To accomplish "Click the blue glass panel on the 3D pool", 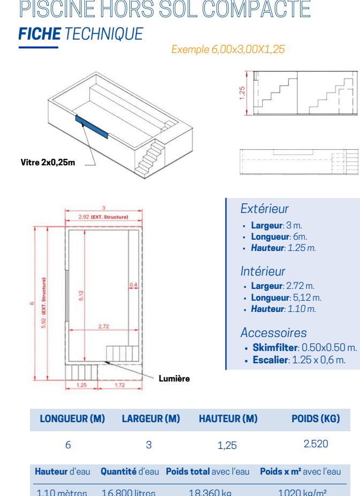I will click(x=91, y=127).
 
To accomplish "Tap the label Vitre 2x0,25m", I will click(x=48, y=163).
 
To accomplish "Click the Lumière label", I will click(x=174, y=378).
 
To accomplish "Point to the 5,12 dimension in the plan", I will click(x=81, y=295).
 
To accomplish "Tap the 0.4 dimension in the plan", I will click(x=133, y=285).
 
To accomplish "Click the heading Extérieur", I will click(x=264, y=209).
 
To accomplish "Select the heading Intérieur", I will click(x=263, y=271).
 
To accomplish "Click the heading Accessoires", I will click(x=273, y=333).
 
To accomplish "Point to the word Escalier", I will click(x=270, y=360).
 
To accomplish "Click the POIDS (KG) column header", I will click(x=316, y=419).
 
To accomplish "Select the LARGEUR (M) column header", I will click(x=151, y=419).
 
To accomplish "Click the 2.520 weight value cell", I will click(x=316, y=444).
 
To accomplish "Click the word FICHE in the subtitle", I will click(x=40, y=34).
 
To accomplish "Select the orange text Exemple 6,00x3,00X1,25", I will click(x=228, y=50).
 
